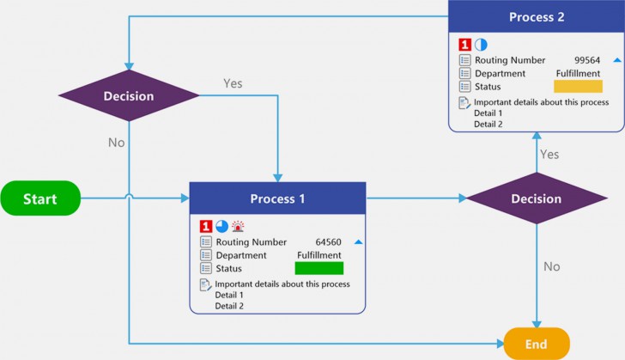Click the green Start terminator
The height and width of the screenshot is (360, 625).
(x=39, y=198)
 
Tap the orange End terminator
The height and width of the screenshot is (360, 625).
(x=536, y=343)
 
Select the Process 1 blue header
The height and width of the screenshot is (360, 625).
(x=277, y=198)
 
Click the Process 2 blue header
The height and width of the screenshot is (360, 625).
(x=537, y=17)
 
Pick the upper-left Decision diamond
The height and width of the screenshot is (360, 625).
(x=128, y=95)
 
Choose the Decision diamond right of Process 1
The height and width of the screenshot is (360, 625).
(x=536, y=198)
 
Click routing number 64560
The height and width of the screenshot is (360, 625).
(x=329, y=242)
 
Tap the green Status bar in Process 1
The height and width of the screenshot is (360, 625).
(x=319, y=268)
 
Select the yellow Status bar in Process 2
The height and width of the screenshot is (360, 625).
(x=578, y=86)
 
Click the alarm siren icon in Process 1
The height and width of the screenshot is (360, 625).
(x=238, y=226)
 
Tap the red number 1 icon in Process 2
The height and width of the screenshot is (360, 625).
(x=464, y=44)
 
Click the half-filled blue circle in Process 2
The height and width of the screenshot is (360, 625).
(x=481, y=44)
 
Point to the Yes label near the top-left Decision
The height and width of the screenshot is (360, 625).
(x=233, y=83)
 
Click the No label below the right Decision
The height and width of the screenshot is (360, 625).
(x=551, y=266)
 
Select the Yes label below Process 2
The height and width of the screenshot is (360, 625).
(x=549, y=154)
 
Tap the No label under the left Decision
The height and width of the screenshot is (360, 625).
(x=116, y=143)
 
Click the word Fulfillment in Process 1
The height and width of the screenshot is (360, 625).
(x=319, y=255)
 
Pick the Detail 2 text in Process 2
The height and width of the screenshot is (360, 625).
(x=488, y=124)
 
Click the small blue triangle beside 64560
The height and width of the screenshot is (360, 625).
(x=359, y=242)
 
